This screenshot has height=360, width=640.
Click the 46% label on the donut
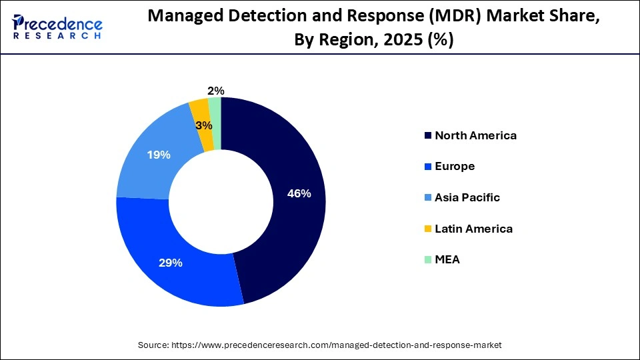299,194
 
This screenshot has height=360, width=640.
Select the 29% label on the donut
170,263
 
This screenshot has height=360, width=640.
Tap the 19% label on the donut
159,155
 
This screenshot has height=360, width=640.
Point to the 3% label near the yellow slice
204,125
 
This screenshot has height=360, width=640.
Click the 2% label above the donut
216,91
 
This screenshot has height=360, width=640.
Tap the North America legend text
475,135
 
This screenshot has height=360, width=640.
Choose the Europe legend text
455,167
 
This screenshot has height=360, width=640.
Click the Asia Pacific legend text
467,197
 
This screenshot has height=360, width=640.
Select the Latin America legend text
473,229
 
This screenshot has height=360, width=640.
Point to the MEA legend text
447,260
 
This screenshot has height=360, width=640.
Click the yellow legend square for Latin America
427,229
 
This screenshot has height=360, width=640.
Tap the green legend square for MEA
427,260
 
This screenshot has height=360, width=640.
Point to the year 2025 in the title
404,40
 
